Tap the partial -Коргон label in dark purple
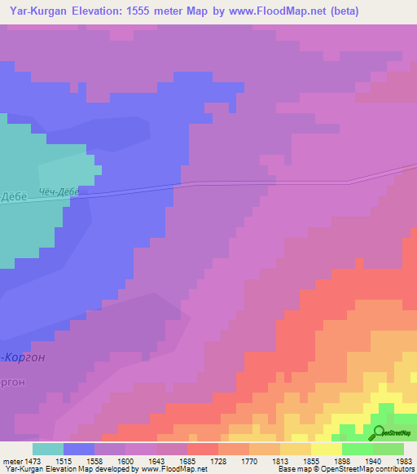[24, 357]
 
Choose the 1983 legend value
[404, 461]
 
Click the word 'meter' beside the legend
[13, 461]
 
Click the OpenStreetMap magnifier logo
[378, 433]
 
